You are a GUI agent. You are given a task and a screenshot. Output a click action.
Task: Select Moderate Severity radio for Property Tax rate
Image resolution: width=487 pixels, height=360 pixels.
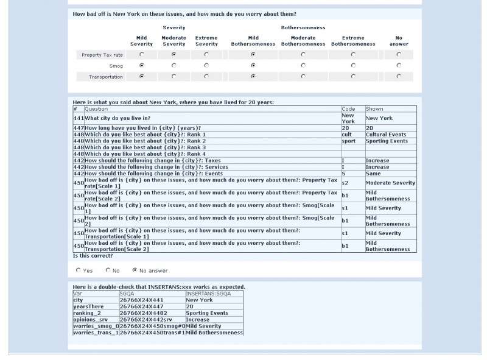(x=173, y=55)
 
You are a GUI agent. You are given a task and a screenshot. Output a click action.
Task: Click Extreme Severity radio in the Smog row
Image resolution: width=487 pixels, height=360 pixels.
(x=206, y=66)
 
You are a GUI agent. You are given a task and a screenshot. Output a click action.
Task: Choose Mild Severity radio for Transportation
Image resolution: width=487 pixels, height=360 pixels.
(x=142, y=77)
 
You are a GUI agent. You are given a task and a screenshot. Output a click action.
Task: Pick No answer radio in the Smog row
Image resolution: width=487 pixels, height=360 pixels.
(x=399, y=66)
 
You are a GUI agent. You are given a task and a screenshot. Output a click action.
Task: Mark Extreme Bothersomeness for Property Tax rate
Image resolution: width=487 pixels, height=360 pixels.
(x=353, y=55)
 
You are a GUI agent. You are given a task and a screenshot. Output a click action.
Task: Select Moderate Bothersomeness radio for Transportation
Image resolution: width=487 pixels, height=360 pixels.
(x=303, y=77)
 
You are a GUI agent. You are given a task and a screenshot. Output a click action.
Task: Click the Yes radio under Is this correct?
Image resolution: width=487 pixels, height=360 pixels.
(x=79, y=270)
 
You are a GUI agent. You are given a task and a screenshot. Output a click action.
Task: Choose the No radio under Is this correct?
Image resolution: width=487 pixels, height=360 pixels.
(x=108, y=270)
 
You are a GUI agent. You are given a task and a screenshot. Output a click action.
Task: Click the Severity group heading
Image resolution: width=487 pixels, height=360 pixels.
(x=173, y=28)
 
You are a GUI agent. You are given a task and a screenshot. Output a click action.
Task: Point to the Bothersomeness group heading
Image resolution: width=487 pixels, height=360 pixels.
(x=303, y=28)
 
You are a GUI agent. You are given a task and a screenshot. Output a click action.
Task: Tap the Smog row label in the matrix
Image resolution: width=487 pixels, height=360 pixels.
(x=116, y=66)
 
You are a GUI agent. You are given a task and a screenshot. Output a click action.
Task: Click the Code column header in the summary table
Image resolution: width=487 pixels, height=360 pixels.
(x=348, y=109)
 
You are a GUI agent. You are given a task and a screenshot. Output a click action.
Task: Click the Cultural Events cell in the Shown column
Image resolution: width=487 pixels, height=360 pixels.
(x=386, y=135)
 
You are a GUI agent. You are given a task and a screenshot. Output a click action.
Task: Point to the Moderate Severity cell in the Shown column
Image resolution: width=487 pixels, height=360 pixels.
(x=390, y=183)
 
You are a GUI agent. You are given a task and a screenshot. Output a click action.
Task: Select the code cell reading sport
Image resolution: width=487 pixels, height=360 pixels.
(x=348, y=141)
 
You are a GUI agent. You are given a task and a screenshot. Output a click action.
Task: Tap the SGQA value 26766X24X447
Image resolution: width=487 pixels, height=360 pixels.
(x=141, y=307)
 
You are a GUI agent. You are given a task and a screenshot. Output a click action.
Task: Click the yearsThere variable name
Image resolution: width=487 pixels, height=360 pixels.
(x=89, y=307)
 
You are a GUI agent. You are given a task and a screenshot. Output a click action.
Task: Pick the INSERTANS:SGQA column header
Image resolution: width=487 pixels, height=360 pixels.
(x=208, y=294)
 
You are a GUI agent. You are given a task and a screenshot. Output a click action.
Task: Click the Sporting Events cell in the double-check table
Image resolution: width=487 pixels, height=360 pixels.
(x=207, y=313)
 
